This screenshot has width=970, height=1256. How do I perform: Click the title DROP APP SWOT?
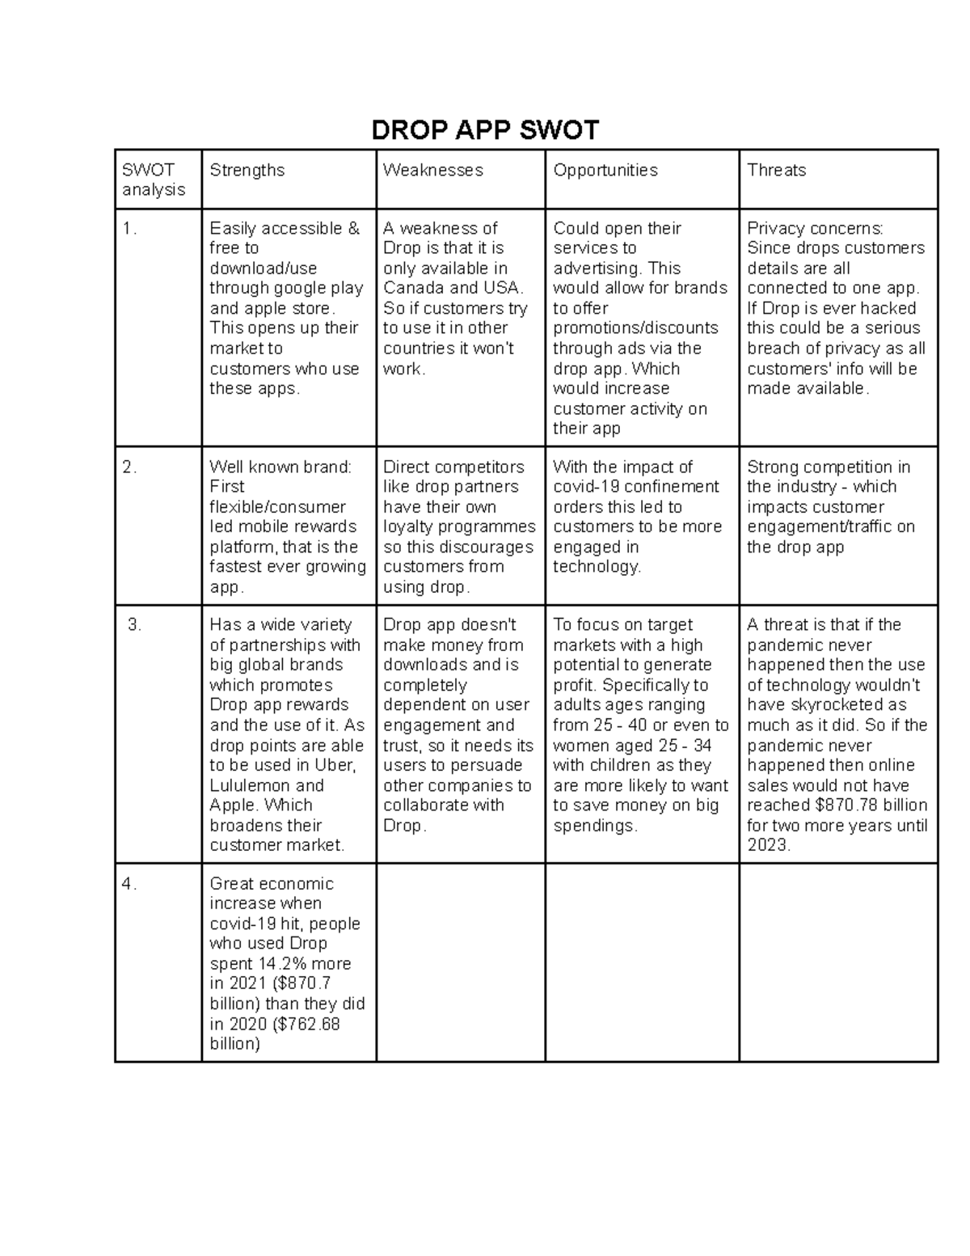pos(485,130)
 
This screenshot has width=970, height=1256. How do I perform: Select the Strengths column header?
pos(247,170)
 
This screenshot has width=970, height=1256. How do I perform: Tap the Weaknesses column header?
pos(432,170)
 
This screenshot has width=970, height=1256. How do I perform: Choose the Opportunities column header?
pos(605,170)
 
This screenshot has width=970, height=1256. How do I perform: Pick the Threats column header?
pos(776,170)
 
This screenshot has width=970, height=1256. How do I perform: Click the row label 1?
pos(129,229)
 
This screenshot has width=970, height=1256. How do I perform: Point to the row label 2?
pos(129,467)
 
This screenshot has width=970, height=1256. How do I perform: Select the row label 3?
pos(134,625)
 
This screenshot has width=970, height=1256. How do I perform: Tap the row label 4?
pos(129,884)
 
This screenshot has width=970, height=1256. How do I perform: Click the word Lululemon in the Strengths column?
pos(250,785)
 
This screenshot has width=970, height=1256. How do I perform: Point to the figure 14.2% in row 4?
pos(282,964)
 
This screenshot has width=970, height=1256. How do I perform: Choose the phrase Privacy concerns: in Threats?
pos(815,229)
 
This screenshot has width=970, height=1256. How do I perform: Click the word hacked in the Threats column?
pos(889,308)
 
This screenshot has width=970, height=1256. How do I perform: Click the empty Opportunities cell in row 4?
pos(642,962)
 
